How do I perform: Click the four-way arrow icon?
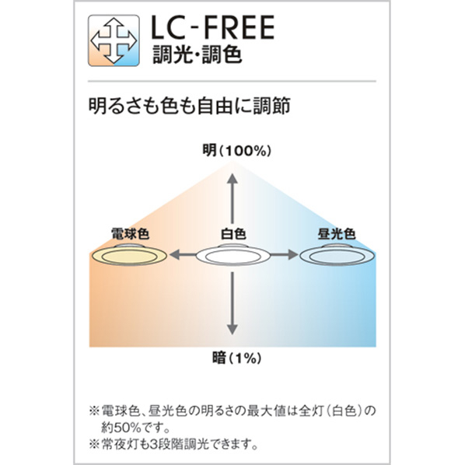point(114,40)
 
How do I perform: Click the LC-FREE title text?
point(212,27)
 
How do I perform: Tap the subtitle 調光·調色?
point(198,54)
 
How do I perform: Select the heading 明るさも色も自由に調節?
point(190,106)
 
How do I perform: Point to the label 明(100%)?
point(236,151)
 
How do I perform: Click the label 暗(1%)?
point(236,358)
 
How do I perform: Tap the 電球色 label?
point(130,234)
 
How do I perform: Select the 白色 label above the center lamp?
point(233,234)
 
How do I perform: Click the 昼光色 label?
point(337,234)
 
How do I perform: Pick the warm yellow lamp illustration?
point(129,255)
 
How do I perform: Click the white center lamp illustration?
point(233,255)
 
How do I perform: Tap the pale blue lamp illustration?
point(337,255)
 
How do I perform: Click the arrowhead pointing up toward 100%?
point(232,179)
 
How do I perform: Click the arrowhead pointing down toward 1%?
point(232,330)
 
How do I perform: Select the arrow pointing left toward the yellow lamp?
point(183,255)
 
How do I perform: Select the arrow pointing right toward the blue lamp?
point(284,255)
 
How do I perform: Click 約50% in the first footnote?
point(119,428)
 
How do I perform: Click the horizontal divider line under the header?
point(232,81)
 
